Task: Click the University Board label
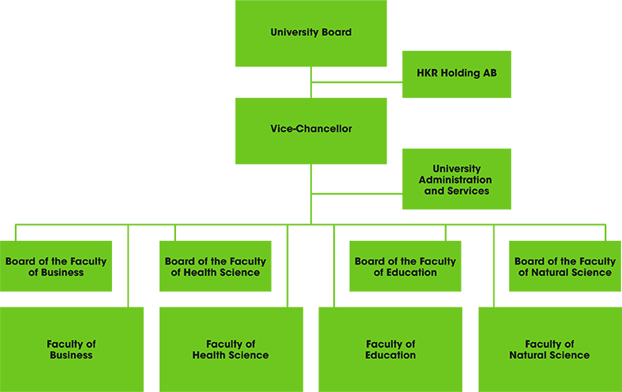coord(311,33)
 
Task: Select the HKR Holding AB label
coord(457,73)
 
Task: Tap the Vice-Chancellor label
coord(311,129)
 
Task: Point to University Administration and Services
coord(456,180)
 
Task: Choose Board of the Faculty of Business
coord(56,267)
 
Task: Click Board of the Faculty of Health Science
coord(216,267)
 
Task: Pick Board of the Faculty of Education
coord(405,267)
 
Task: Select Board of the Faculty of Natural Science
coord(564,267)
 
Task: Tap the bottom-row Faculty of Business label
coord(72,350)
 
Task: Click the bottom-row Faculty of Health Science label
coord(230,350)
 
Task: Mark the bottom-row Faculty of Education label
coord(391,350)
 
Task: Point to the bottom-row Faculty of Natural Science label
coord(550,350)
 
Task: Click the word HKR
coord(427,73)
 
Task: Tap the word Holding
coord(460,73)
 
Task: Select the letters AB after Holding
coord(490,73)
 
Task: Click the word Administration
coord(455,180)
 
